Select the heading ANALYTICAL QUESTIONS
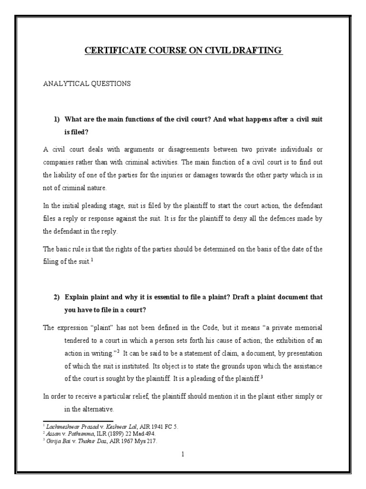[87, 84]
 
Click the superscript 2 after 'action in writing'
[118, 351]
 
